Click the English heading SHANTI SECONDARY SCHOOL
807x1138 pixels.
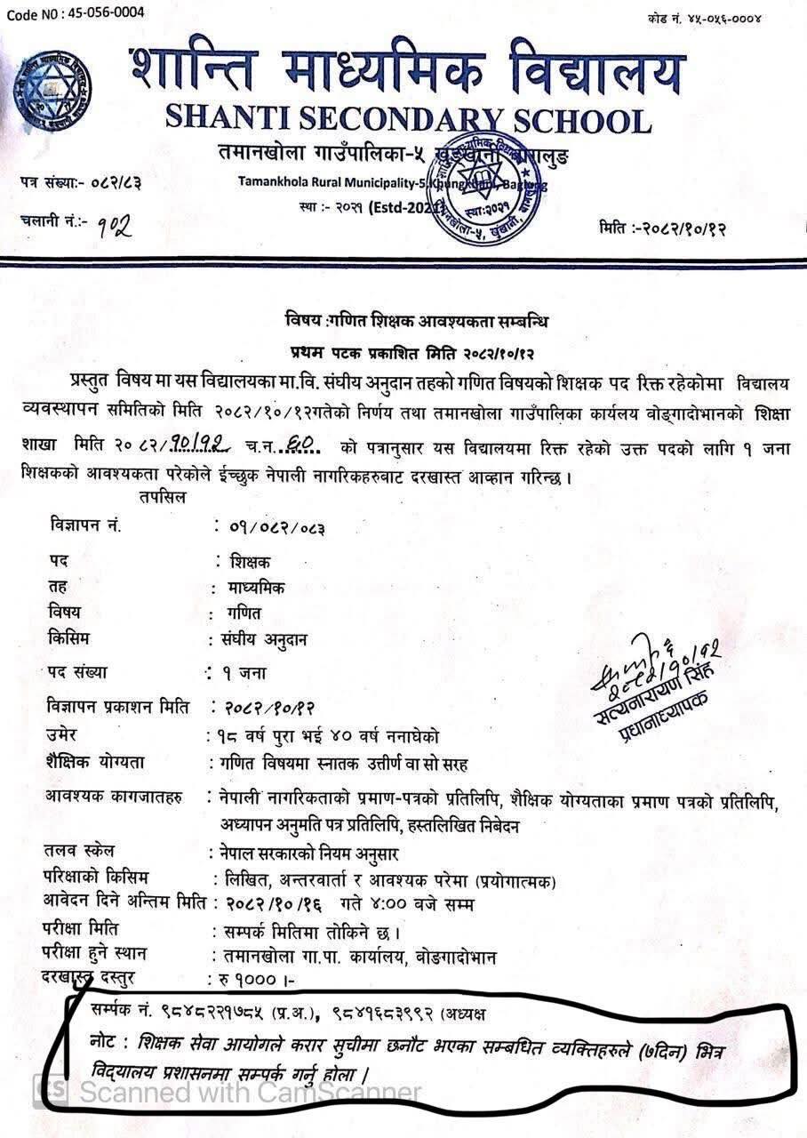click(x=408, y=119)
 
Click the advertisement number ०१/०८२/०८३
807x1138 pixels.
click(x=275, y=527)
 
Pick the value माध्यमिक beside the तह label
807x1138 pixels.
click(x=258, y=588)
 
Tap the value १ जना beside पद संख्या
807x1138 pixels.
click(x=240, y=673)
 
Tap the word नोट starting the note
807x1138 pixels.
click(x=108, y=1040)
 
